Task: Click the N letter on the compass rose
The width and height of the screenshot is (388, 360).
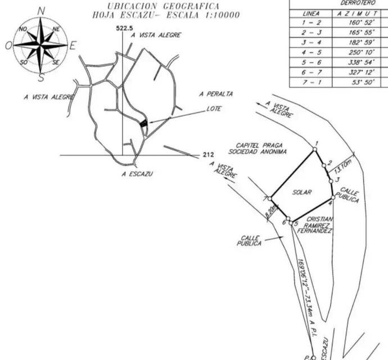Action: point(41,10)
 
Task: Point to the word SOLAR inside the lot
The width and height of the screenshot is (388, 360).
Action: point(302,192)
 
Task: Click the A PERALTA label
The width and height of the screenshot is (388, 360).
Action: point(216,94)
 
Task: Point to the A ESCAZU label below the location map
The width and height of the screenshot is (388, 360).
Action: point(137,174)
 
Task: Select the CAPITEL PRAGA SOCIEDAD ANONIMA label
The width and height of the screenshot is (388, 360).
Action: point(258,148)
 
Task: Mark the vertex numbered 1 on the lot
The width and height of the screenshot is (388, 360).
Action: point(314,148)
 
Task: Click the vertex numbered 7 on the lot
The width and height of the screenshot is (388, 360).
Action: point(270,199)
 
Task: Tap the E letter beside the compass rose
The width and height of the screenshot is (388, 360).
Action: point(73,47)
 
